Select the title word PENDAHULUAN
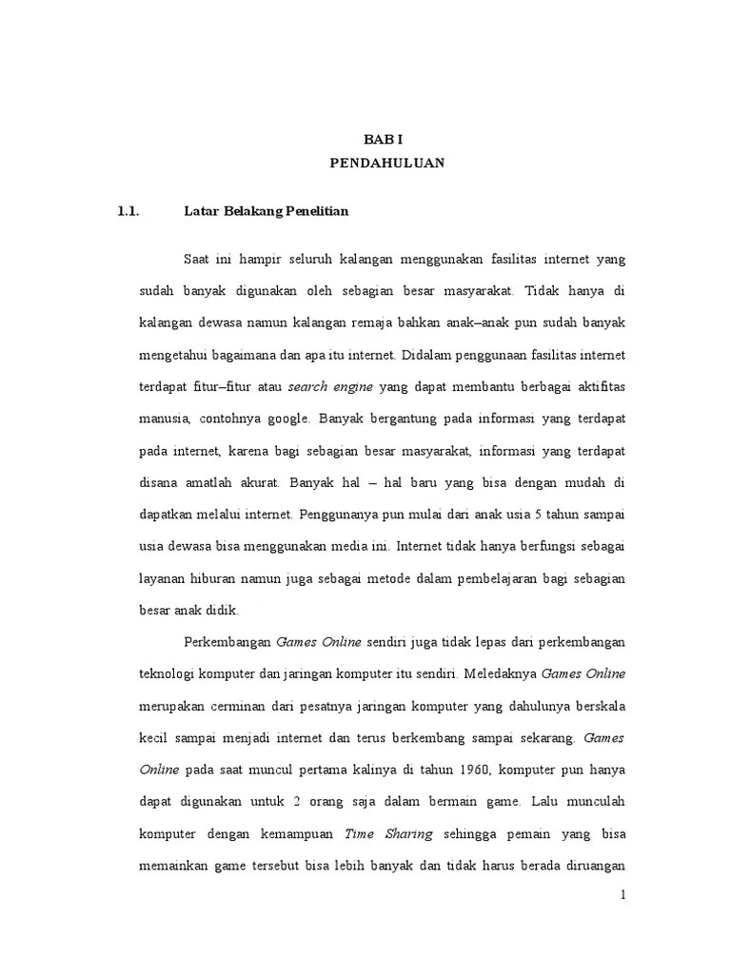[386, 164]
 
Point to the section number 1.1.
[128, 212]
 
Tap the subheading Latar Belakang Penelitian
[266, 212]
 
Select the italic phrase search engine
[329, 387]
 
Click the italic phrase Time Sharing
[388, 834]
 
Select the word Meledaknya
[500, 673]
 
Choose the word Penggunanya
[338, 515]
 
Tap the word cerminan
[231, 706]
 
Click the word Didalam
[425, 355]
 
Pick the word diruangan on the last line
[594, 867]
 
